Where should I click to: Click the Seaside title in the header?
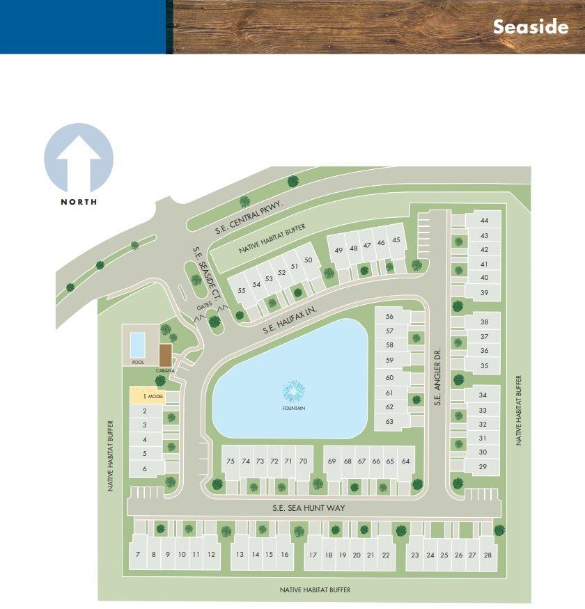point(530,26)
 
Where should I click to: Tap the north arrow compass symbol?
point(79,159)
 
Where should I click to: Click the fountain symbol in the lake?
point(295,391)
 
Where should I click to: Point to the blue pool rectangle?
point(138,343)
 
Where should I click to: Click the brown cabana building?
point(165,353)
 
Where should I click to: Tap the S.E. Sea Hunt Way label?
point(309,508)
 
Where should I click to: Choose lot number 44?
point(484,221)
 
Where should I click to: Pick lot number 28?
point(487,555)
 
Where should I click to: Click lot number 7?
point(138,555)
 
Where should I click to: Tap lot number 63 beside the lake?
point(389,421)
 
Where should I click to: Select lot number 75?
point(231,461)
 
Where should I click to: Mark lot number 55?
point(242,290)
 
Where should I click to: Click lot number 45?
point(396,240)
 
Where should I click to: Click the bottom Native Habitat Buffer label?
point(315,590)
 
